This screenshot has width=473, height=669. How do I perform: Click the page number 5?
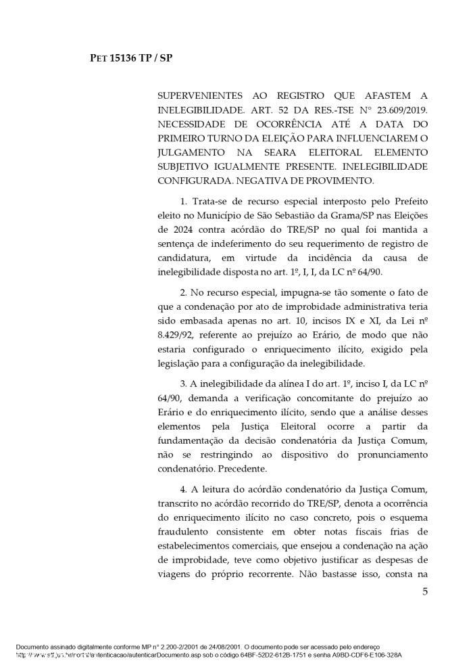pyautogui.click(x=425, y=592)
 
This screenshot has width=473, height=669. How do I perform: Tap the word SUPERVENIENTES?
pyautogui.click(x=199, y=95)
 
